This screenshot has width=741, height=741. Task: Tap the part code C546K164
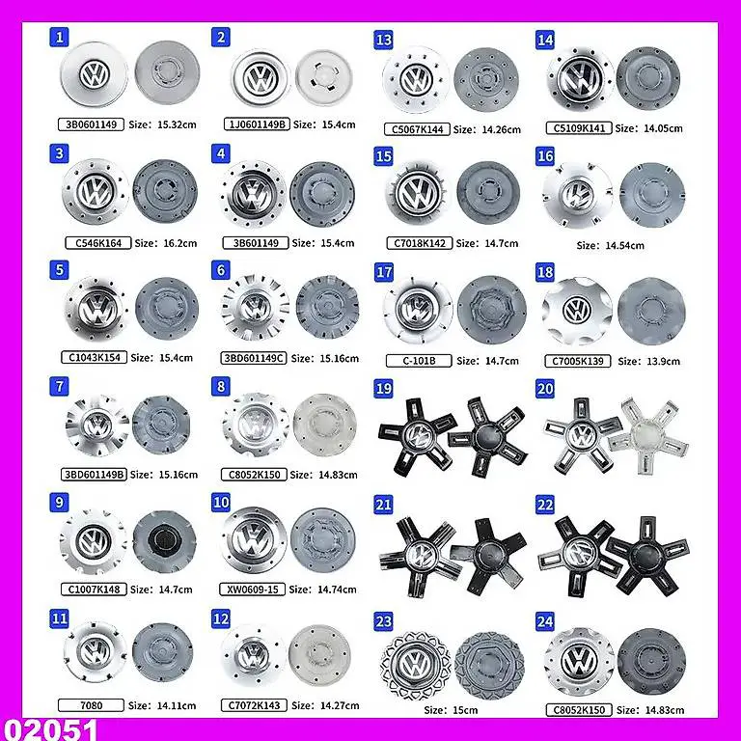98,243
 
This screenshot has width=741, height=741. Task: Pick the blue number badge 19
384,388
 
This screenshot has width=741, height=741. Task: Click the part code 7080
94,705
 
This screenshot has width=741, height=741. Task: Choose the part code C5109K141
577,128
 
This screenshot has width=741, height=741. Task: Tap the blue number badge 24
545,621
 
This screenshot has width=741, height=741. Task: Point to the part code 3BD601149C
253,357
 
